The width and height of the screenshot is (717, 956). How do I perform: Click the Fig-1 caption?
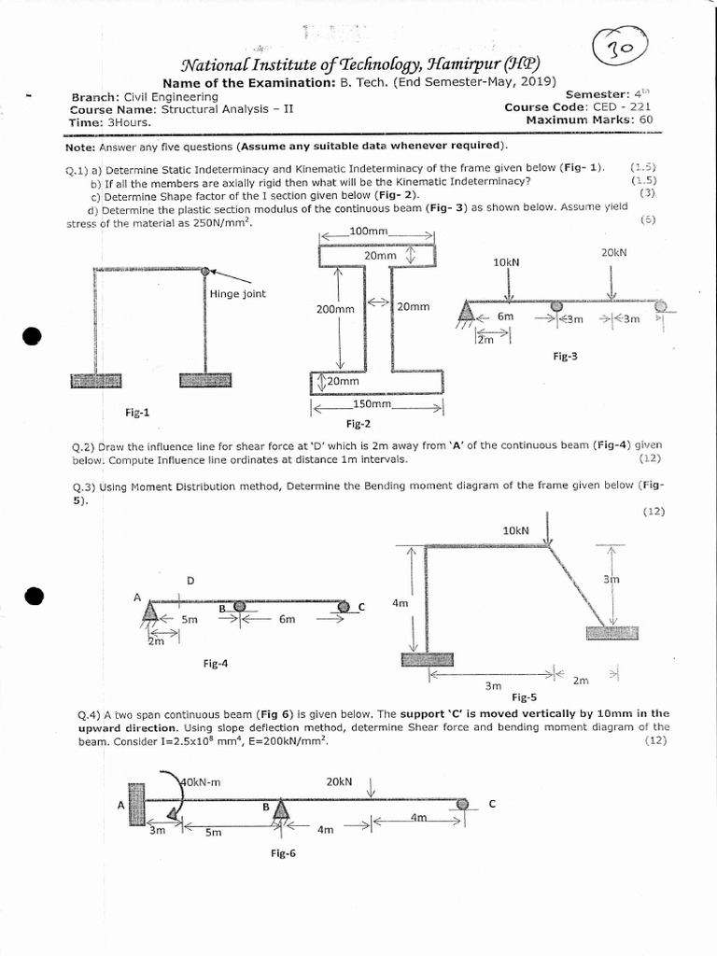137,411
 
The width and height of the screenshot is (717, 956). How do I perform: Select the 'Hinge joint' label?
237,294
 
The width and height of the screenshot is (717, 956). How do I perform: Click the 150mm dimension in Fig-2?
373,405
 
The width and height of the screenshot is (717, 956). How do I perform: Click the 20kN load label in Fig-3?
614,253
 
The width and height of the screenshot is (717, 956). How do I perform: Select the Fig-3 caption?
566,356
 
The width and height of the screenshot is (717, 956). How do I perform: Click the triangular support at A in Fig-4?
150,612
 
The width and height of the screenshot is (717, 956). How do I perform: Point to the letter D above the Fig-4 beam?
190,581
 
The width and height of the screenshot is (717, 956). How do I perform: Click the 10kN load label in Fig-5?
515,530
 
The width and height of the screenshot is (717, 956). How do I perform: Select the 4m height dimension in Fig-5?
400,603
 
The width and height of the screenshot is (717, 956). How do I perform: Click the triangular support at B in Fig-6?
279,812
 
